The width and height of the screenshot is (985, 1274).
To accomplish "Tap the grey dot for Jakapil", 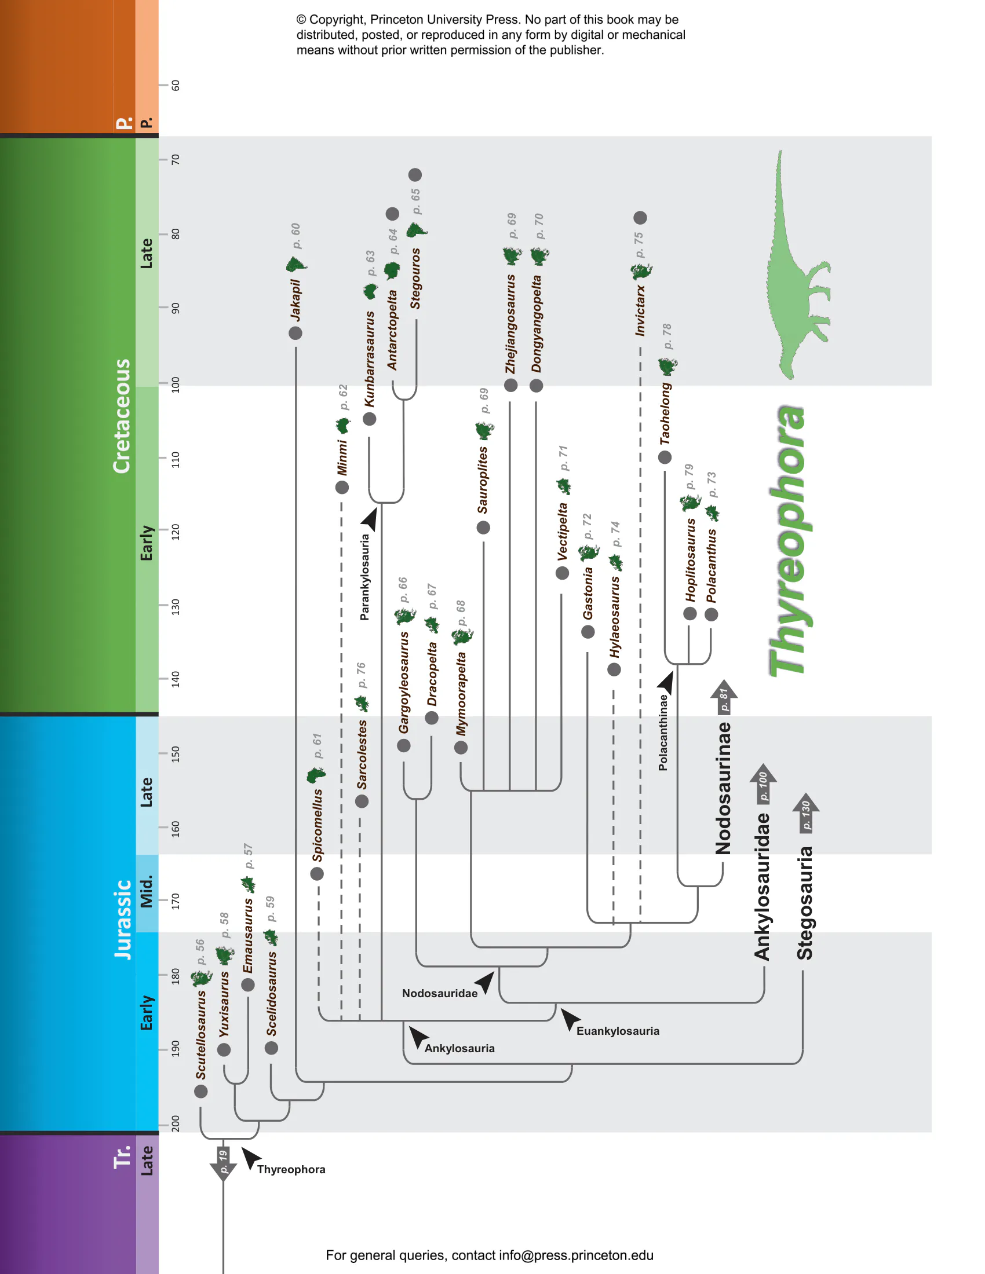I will tap(295, 333).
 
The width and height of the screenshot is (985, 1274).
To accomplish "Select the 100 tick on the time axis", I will tap(174, 385).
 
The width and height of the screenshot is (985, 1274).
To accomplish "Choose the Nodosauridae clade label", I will tap(439, 993).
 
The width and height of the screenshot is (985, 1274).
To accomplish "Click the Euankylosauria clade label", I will tap(618, 1031).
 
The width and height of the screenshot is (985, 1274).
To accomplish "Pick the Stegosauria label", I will tap(805, 903).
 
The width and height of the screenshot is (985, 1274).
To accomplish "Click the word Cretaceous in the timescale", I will tap(121, 416).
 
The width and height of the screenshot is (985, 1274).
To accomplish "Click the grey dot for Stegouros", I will tap(415, 175).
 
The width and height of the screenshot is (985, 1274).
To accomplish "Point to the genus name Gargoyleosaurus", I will tap(403, 683).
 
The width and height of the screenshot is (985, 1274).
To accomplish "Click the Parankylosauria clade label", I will tap(364, 577).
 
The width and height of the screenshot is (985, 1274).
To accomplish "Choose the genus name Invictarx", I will tap(640, 310).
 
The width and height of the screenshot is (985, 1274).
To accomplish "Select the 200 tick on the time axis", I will tap(174, 1123).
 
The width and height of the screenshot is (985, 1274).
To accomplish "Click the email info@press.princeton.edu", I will tap(576, 1255).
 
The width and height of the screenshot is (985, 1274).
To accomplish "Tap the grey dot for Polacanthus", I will tap(711, 614).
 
